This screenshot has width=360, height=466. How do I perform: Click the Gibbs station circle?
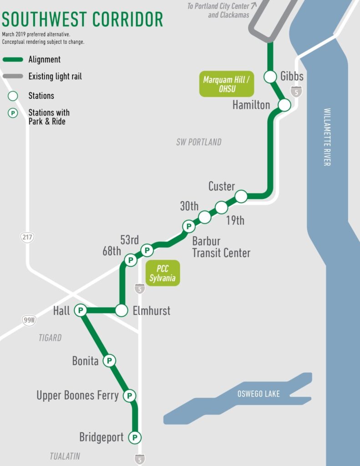click(x=271, y=76)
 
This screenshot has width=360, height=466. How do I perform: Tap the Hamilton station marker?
click(x=284, y=105)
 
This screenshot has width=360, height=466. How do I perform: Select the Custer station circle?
click(x=241, y=196)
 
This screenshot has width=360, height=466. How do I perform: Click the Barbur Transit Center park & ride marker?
click(x=188, y=226)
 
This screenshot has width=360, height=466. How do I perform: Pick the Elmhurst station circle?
click(x=121, y=311)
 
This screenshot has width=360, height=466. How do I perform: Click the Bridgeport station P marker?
click(x=134, y=438)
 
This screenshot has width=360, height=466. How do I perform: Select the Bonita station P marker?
click(x=109, y=361)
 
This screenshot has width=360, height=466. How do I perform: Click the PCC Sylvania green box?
click(x=162, y=273)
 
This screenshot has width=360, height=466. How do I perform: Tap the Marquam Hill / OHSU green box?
click(x=226, y=84)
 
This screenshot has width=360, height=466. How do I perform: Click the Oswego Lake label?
click(x=258, y=394)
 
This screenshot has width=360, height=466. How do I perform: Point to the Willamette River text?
click(x=327, y=137)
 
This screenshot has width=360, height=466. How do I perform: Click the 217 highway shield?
click(x=27, y=237)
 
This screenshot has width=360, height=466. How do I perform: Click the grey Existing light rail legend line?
click(x=13, y=76)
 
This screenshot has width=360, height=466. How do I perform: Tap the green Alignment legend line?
click(x=13, y=60)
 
